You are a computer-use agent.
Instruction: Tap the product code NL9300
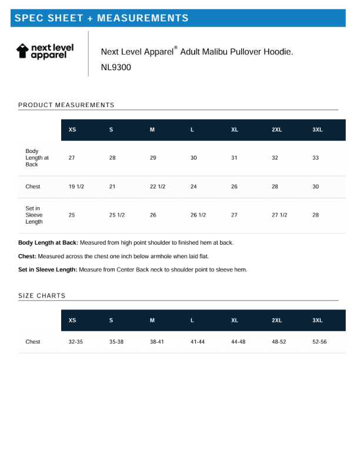click(116, 67)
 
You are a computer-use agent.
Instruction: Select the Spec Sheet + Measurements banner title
click(101, 18)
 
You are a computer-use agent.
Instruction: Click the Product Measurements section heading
click(66, 105)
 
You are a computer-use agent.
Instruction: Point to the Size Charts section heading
click(42, 295)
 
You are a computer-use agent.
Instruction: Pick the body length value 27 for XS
click(72, 158)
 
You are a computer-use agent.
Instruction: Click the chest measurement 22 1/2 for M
click(158, 187)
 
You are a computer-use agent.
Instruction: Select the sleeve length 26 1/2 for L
click(198, 215)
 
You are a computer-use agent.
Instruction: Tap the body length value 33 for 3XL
click(315, 158)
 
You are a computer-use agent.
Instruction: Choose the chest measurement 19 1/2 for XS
click(76, 187)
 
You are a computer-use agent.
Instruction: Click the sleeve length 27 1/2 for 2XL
click(279, 215)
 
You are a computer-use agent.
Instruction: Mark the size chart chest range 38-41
click(157, 342)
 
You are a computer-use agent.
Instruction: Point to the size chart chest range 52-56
click(319, 342)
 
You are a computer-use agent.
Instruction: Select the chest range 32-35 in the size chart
click(76, 342)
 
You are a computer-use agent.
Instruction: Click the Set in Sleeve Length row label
click(34, 215)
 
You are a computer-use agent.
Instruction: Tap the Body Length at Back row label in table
click(36, 158)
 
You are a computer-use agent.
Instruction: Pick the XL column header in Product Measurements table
click(235, 129)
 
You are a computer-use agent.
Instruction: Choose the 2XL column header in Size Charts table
click(276, 320)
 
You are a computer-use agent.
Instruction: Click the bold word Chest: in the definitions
click(27, 257)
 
